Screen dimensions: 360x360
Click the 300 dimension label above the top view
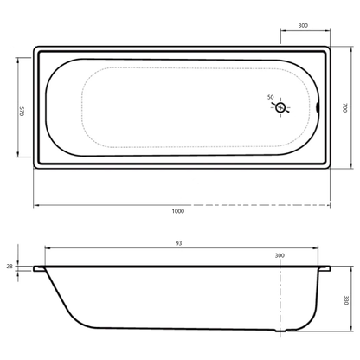(303, 25)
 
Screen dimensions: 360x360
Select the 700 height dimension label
(344, 107)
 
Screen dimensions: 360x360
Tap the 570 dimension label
(22, 112)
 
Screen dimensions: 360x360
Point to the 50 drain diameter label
(271, 97)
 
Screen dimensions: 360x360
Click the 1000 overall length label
(178, 211)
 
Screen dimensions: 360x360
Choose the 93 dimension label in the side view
(179, 243)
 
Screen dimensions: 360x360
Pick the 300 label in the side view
(280, 255)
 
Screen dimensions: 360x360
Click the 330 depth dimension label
(346, 300)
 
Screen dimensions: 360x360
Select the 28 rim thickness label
(10, 267)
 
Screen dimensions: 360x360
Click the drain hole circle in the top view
(280, 108)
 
